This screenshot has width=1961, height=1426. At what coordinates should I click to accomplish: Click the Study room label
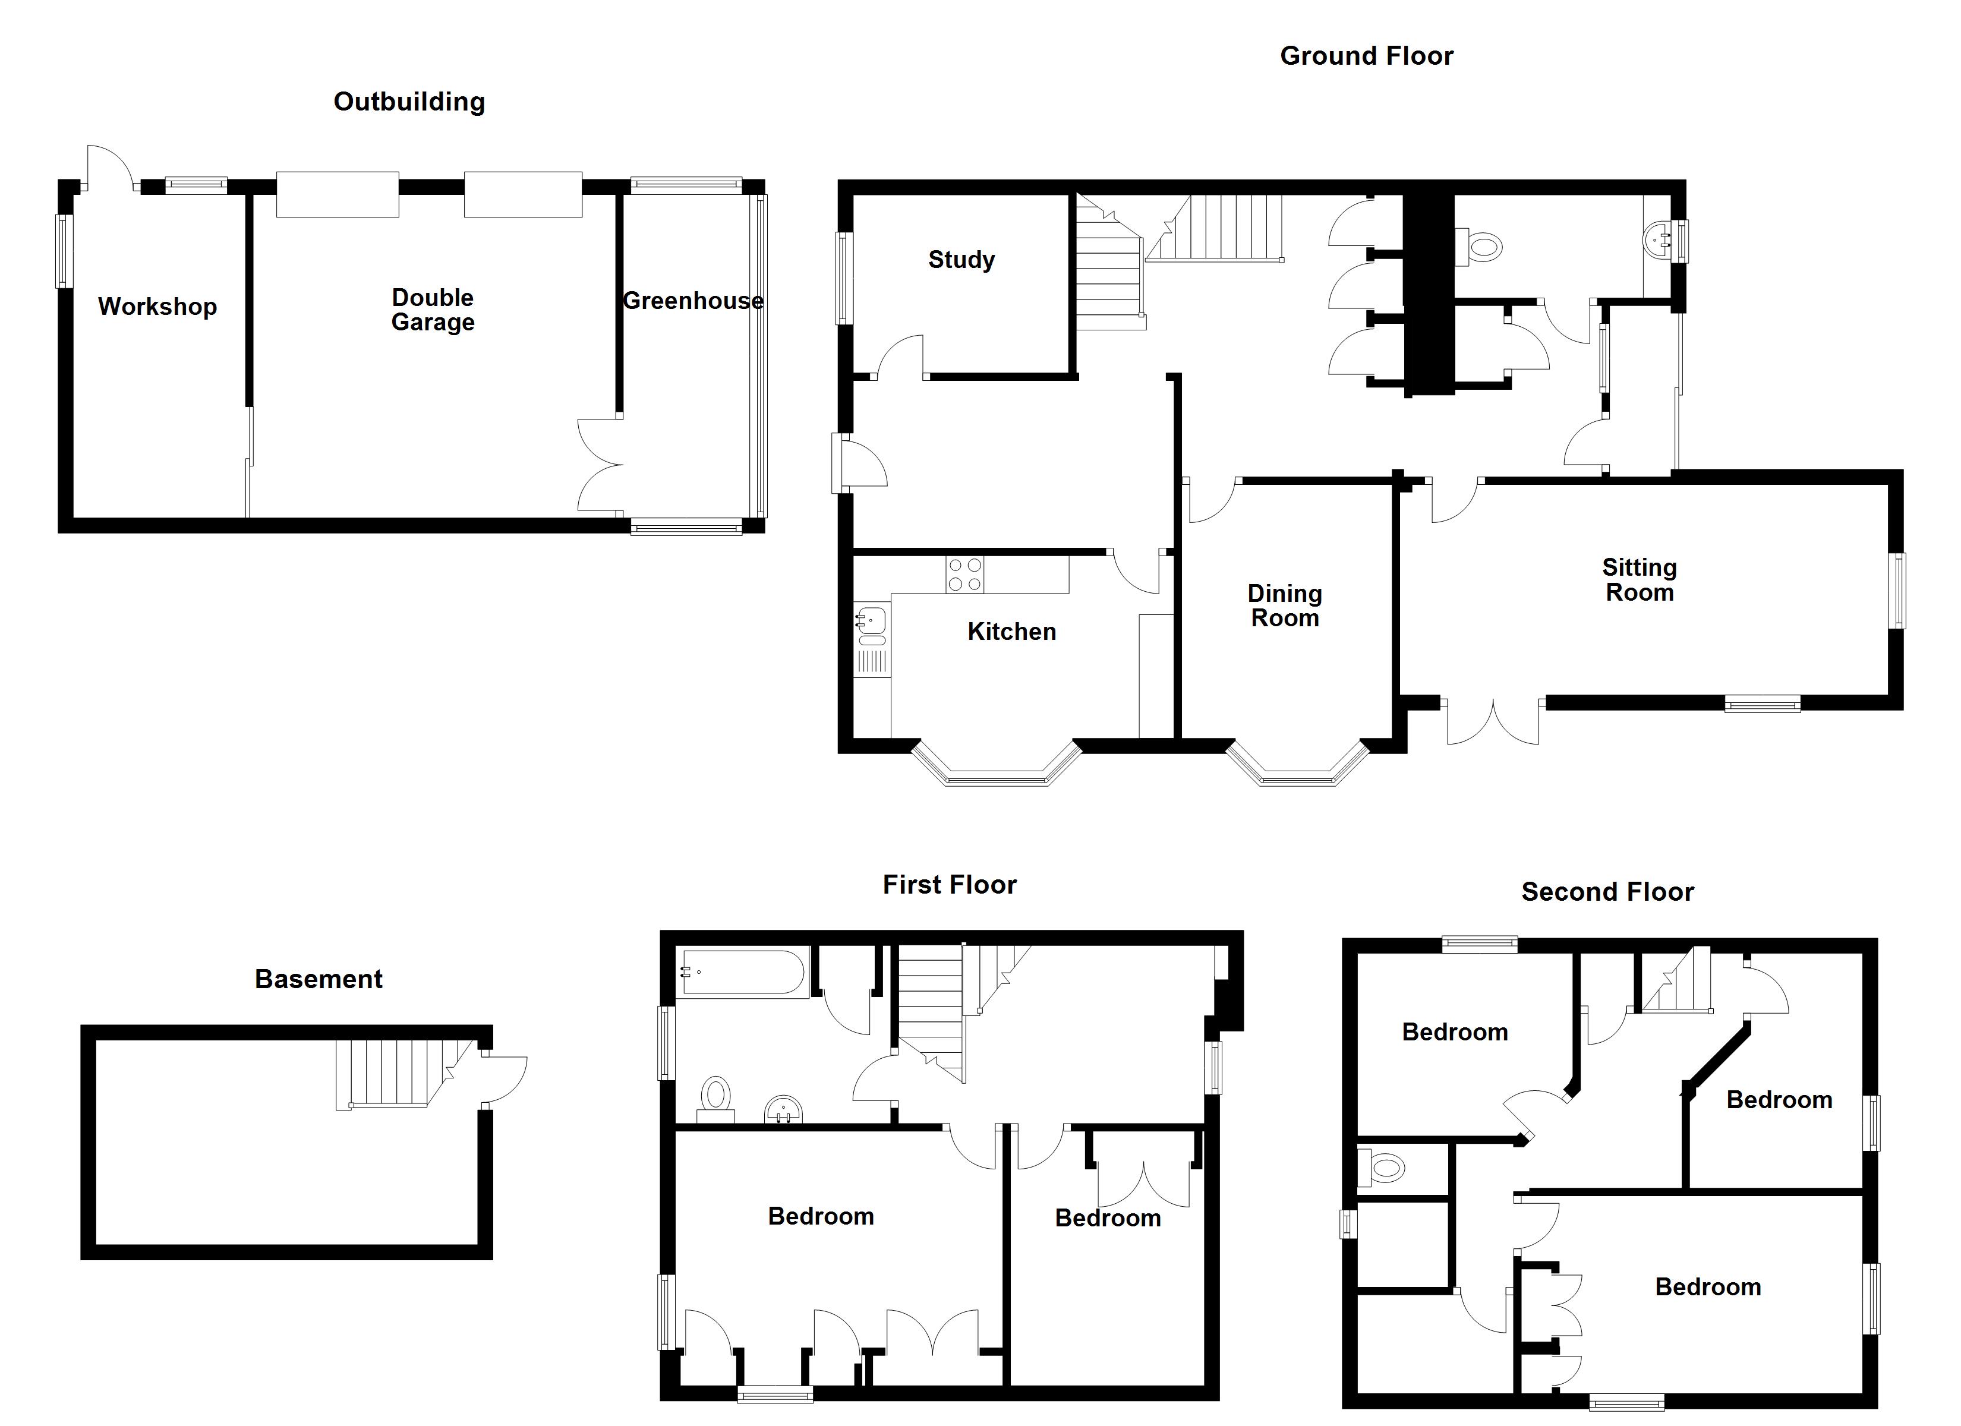[x=961, y=260]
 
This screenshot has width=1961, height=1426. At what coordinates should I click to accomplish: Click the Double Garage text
[x=433, y=310]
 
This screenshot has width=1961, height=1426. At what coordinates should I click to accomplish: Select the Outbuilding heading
[x=409, y=102]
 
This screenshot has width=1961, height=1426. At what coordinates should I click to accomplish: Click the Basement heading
[x=318, y=979]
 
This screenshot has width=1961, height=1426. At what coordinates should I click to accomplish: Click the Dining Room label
[x=1284, y=605]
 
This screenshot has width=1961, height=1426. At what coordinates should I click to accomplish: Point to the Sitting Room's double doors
[x=1493, y=722]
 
